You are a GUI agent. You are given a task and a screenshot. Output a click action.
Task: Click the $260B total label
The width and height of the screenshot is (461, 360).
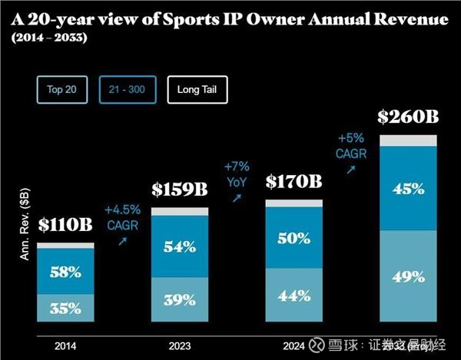[408, 118]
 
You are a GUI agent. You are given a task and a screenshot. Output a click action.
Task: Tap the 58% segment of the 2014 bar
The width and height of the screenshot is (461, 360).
[65, 271]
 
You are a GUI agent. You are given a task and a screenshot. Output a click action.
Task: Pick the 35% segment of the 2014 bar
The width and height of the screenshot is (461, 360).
[65, 308]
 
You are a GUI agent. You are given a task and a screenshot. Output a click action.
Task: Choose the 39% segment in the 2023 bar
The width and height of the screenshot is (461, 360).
[179, 300]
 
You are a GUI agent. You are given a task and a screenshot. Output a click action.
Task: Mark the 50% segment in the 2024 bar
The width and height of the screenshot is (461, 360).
[294, 238]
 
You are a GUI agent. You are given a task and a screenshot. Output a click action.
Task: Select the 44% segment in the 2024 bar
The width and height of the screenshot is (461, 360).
[294, 295]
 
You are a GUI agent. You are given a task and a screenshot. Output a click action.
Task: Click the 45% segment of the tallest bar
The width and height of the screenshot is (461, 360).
[408, 188]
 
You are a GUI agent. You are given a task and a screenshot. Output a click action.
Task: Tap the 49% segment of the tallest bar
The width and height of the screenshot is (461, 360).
[408, 276]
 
